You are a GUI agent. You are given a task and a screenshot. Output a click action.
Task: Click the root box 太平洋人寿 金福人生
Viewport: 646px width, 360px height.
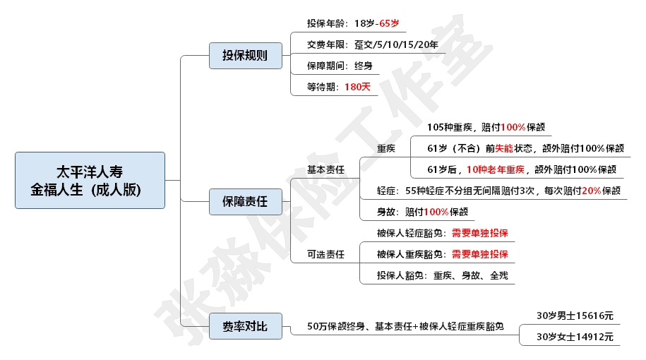90,180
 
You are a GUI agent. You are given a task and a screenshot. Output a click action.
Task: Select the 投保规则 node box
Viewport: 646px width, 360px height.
245,56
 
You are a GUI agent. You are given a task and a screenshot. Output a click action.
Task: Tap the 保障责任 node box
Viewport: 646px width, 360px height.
245,203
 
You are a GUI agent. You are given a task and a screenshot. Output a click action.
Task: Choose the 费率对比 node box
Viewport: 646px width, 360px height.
245,326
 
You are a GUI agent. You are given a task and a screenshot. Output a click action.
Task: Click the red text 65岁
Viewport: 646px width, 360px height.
389,23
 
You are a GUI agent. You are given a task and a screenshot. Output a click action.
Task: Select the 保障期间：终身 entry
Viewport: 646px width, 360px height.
339,66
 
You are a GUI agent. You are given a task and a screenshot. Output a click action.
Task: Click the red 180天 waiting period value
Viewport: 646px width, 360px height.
357,87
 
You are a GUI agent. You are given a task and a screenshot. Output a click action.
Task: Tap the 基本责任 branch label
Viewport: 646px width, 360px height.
325,169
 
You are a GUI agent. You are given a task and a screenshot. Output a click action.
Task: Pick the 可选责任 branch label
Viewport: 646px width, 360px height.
325,254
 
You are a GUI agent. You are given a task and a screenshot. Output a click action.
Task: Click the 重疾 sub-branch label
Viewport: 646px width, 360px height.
386,148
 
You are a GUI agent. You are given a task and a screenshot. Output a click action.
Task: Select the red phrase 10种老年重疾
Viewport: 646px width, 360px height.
496,169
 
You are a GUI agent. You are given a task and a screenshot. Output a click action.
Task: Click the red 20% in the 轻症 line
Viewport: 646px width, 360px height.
591,191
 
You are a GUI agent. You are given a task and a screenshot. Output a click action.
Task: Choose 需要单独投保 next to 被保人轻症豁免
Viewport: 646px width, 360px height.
479,233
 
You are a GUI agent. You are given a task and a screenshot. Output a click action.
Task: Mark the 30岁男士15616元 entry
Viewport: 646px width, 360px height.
575,316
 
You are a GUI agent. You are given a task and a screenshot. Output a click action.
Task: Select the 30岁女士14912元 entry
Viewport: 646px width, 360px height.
575,337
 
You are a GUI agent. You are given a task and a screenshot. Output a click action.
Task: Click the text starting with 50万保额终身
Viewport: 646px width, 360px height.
405,326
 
